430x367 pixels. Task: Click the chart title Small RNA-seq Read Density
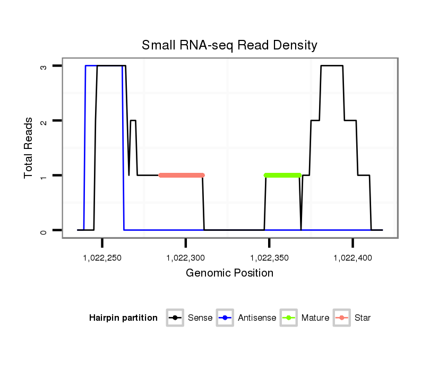point(229,45)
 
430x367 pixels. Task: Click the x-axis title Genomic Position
point(229,273)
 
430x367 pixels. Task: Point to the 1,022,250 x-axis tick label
point(102,258)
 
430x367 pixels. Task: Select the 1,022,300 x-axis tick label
point(185,258)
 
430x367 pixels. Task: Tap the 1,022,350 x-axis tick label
point(269,258)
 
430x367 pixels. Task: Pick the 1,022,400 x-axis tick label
point(352,258)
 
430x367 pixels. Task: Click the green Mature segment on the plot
point(282,175)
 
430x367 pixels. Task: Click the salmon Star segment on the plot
point(181,175)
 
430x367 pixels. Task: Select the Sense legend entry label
point(200,318)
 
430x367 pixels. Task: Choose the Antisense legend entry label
point(257,318)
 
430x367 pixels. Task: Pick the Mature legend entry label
point(315,318)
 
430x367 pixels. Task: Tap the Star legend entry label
point(362,318)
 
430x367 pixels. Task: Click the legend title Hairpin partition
point(123,318)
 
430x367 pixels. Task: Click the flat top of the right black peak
point(332,66)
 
